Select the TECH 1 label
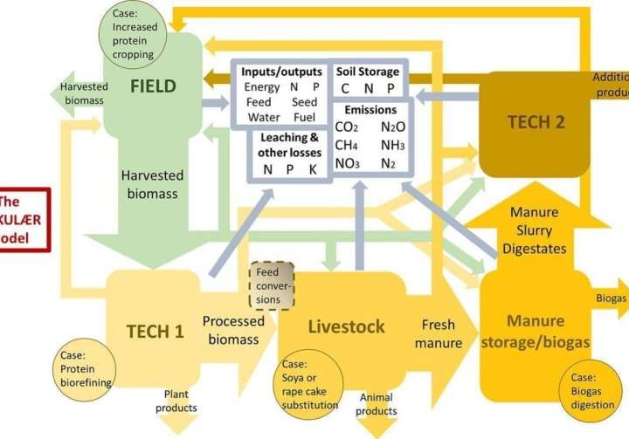tap(155, 331)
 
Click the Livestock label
tap(346, 326)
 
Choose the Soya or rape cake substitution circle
tap(311, 385)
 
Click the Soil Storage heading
tap(367, 71)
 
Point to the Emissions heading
tap(370, 110)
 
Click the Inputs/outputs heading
tap(281, 72)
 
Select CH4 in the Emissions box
tap(347, 145)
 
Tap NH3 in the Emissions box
tap(392, 145)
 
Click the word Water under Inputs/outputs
tap(263, 117)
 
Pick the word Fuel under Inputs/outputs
tap(304, 117)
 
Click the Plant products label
tap(176, 401)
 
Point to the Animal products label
tap(377, 404)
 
